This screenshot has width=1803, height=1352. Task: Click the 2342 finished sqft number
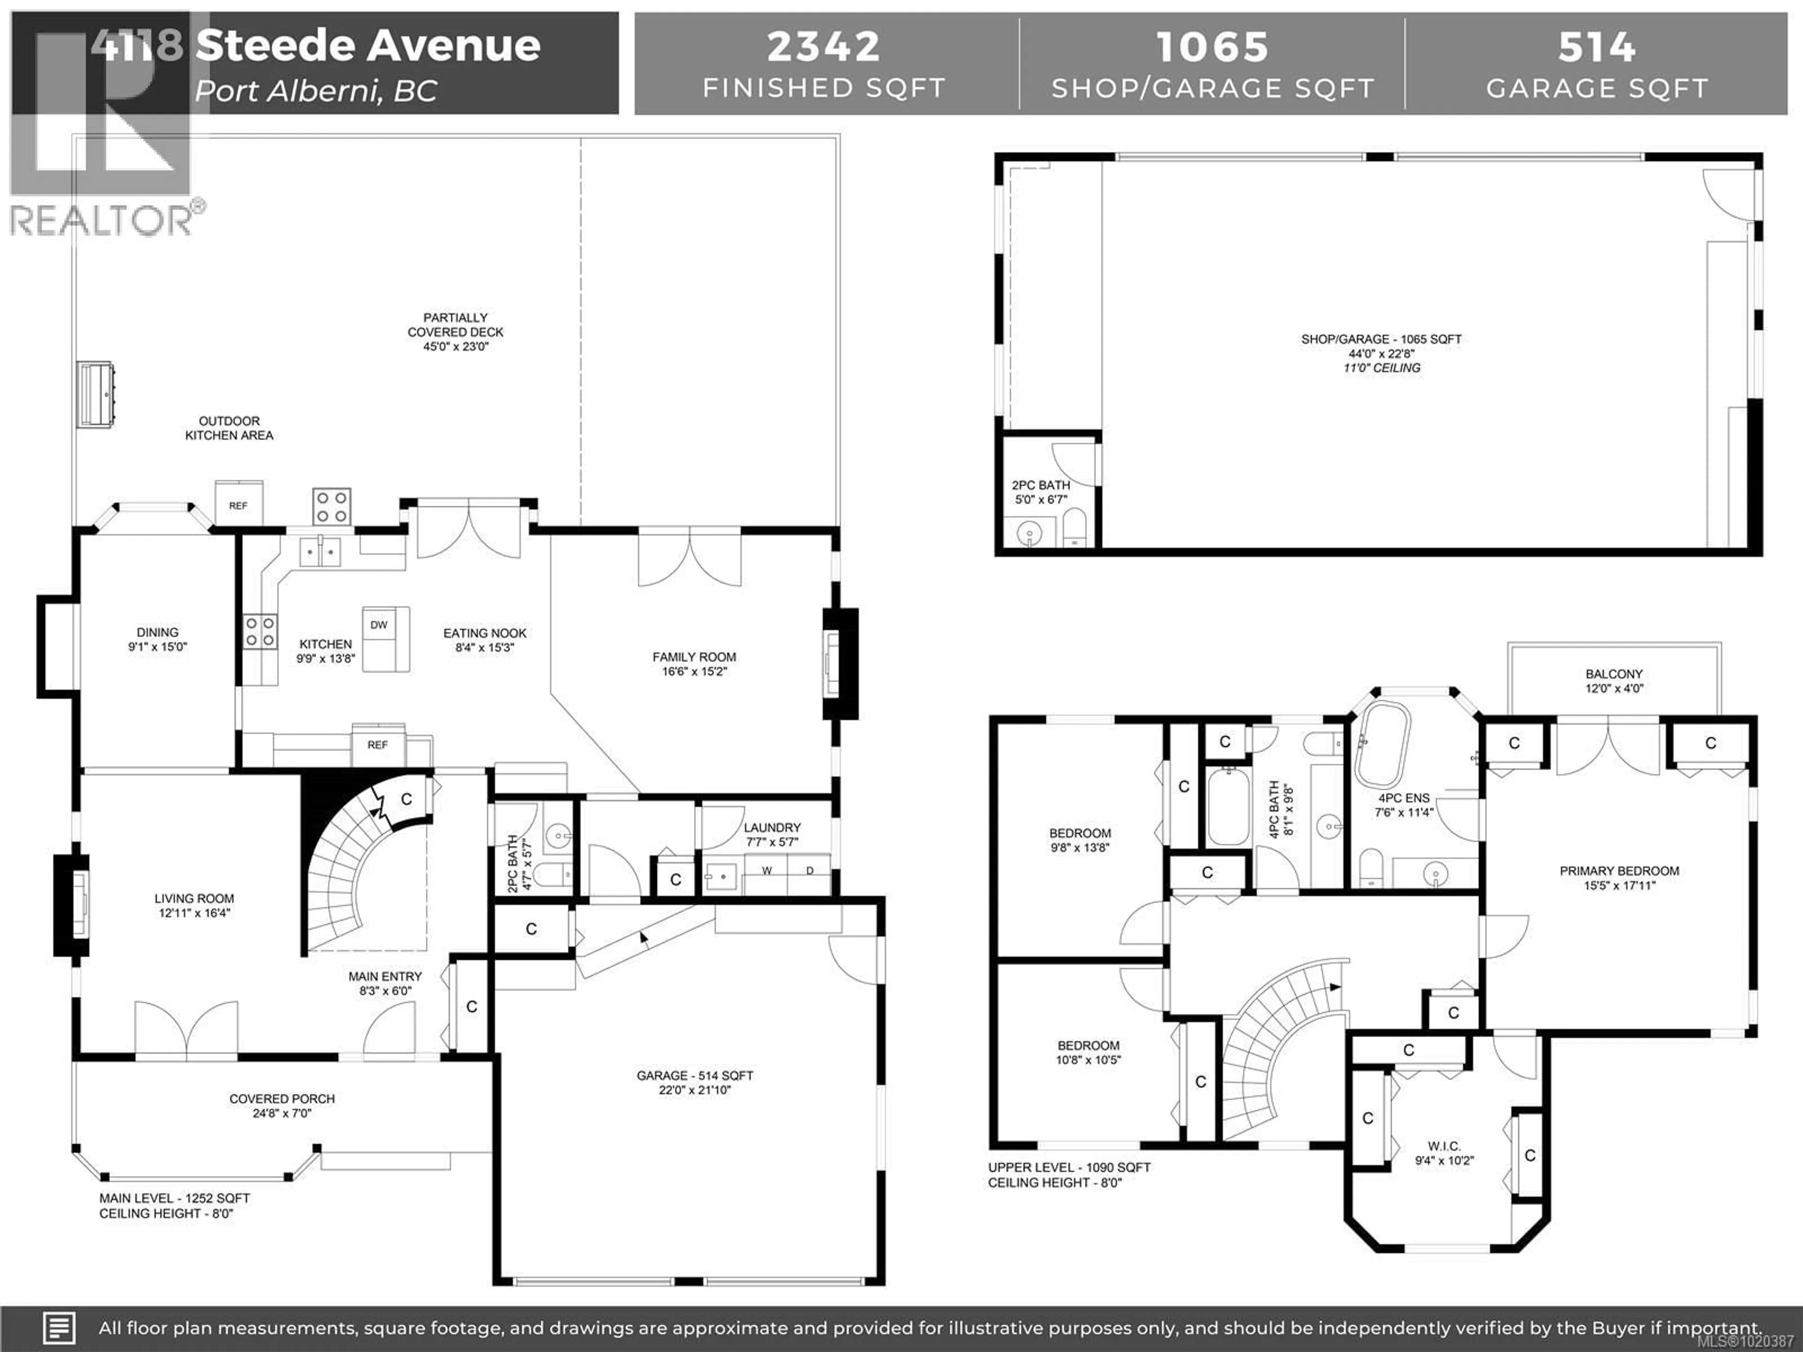(823, 46)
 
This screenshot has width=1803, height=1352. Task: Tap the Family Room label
(693, 657)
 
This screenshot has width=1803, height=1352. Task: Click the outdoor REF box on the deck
(238, 505)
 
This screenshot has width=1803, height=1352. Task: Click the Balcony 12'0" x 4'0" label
(1614, 681)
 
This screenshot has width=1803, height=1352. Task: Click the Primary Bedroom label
(1619, 871)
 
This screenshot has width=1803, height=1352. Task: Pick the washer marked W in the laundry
(766, 870)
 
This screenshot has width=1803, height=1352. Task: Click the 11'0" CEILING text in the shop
(1381, 368)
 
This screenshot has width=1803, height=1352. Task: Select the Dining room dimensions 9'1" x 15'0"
(157, 647)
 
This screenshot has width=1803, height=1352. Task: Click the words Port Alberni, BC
(316, 91)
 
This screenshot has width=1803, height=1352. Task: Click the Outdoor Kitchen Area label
(229, 428)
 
